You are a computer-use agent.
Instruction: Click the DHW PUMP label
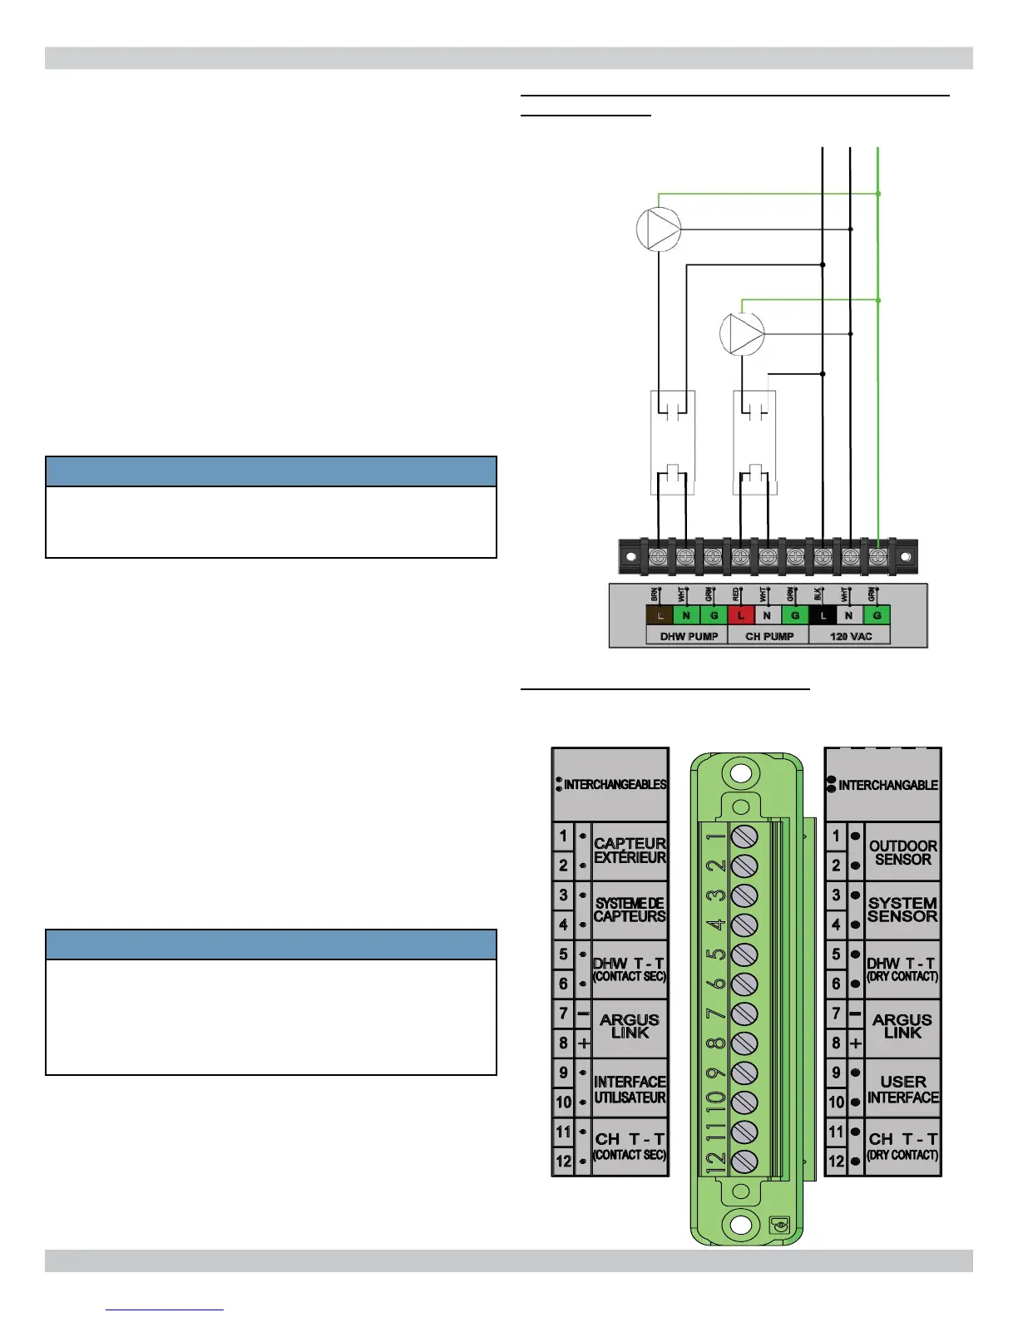click(689, 636)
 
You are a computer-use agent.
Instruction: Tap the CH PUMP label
click(769, 636)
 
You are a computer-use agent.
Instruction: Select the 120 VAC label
click(850, 636)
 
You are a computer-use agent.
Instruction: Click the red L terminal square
click(741, 615)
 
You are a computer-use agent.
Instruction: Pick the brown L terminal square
click(660, 615)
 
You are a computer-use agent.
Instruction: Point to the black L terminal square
click(823, 615)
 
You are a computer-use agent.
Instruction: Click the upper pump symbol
click(659, 229)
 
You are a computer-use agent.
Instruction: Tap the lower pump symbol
click(742, 334)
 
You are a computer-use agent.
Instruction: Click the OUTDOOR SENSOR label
click(902, 852)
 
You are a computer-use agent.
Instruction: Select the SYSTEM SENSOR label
click(902, 910)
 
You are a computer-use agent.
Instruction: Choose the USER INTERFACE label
click(902, 1089)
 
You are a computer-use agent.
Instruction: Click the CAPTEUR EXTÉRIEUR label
click(630, 851)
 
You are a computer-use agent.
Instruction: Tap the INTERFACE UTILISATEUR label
click(630, 1089)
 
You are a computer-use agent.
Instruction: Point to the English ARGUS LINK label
click(902, 1026)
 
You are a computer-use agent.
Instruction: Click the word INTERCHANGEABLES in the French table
click(615, 784)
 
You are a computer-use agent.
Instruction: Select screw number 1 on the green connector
click(744, 836)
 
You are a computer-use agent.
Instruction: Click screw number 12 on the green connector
click(744, 1162)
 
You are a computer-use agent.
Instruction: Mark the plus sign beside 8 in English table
click(856, 1043)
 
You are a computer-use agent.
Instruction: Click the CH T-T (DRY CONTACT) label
click(902, 1146)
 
